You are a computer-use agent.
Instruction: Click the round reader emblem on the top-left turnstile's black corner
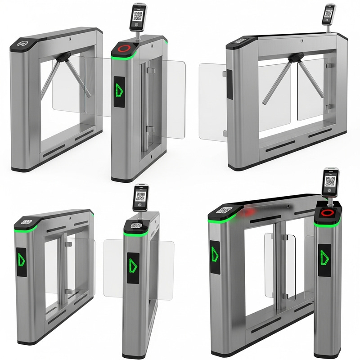pos(21,44)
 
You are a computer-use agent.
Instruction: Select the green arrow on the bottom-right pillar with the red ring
pos(324,256)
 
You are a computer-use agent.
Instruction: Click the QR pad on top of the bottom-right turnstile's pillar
pos(224,210)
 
